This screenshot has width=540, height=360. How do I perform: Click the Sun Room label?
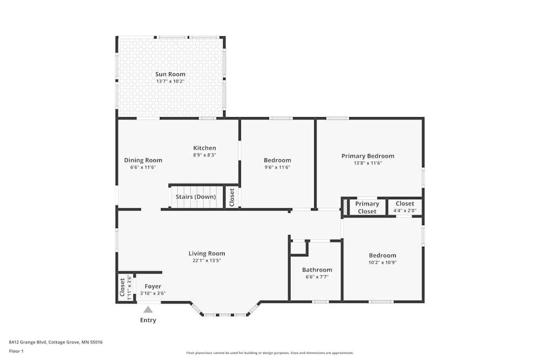[x=170, y=74]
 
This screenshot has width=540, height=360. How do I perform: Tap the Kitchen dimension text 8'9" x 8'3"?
[x=205, y=155]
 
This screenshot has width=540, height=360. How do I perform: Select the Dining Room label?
[x=143, y=160]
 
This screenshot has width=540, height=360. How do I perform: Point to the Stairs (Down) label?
[x=195, y=197]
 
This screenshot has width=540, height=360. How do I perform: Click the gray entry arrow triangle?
[x=148, y=309]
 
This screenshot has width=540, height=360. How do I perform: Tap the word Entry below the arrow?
[x=148, y=320]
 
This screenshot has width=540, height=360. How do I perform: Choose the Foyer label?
[x=153, y=287]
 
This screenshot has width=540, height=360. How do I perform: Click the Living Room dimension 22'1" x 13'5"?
[x=207, y=260]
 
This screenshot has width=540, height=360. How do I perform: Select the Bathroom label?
[x=317, y=270]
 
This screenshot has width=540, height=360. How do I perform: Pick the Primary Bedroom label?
[x=368, y=156]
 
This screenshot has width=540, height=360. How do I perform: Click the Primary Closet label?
[x=367, y=208]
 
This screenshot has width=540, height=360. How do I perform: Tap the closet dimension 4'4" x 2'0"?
[x=404, y=210]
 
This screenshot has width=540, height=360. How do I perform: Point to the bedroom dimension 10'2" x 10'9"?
[x=382, y=262]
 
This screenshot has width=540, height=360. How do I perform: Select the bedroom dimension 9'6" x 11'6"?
[x=277, y=167]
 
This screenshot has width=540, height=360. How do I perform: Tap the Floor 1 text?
[x=16, y=351]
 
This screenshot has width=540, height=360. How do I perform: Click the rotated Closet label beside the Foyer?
[x=123, y=287]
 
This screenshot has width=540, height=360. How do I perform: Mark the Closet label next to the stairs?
[x=232, y=197]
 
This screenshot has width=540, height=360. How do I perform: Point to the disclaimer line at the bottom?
[x=270, y=353]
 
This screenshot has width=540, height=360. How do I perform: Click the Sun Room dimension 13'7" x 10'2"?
[x=170, y=81]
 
